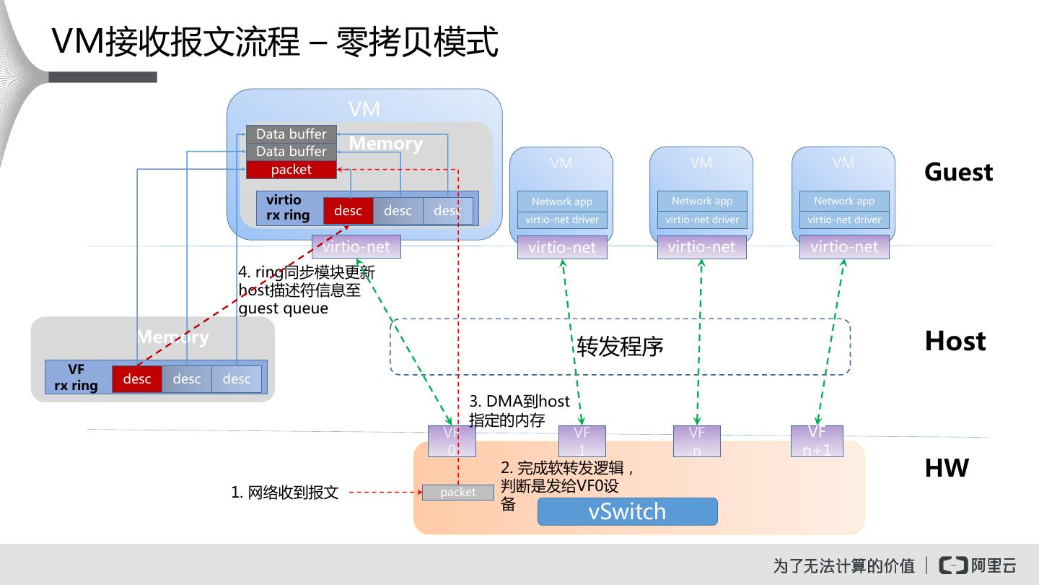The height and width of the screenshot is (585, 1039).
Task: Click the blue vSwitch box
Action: coord(627,511)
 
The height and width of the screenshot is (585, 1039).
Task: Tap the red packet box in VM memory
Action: coord(291,170)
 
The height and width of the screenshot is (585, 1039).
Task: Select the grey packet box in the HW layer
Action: coord(457,493)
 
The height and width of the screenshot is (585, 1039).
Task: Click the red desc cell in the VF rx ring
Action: coord(136,378)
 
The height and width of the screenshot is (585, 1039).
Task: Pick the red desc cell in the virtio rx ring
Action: coord(348,210)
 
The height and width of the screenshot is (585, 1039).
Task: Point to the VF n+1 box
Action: coord(817,441)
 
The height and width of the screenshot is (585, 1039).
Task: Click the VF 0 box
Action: coord(452,441)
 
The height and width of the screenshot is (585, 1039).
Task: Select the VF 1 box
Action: coord(582,441)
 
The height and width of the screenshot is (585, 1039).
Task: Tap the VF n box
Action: coord(696,441)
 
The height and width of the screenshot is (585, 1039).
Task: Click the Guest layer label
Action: coord(958,172)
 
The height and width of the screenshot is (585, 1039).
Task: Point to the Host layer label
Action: coord(955,341)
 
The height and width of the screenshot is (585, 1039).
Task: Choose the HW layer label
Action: coord(947,468)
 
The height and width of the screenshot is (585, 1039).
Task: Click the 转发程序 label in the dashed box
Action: coord(620,347)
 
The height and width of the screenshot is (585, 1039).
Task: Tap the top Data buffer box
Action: coord(291,134)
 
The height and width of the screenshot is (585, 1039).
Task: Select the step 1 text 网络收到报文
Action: coord(285,493)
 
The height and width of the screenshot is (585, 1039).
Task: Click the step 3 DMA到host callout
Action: coord(519,410)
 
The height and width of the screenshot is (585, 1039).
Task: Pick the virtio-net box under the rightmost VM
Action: coord(844,247)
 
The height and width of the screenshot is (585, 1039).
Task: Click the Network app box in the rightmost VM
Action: coord(844,201)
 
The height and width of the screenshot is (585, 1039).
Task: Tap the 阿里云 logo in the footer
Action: coord(978,565)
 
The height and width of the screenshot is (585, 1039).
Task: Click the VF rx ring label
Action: coord(76,377)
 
